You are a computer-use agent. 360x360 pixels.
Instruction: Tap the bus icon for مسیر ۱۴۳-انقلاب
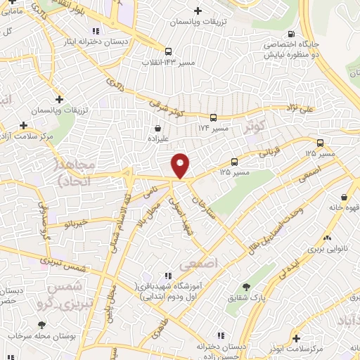tap(168, 51)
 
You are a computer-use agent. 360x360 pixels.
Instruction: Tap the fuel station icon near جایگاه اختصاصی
tap(291, 34)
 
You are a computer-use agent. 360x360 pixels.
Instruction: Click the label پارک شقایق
tap(245, 299)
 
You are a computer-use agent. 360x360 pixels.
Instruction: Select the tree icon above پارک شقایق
tap(245, 287)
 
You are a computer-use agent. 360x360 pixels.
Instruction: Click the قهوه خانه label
tap(344, 207)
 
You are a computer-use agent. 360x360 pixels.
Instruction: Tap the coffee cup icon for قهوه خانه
tap(344, 198)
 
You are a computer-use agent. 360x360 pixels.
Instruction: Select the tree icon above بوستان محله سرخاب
tap(43, 324)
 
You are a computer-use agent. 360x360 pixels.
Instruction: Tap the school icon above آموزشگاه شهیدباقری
tap(167, 275)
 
